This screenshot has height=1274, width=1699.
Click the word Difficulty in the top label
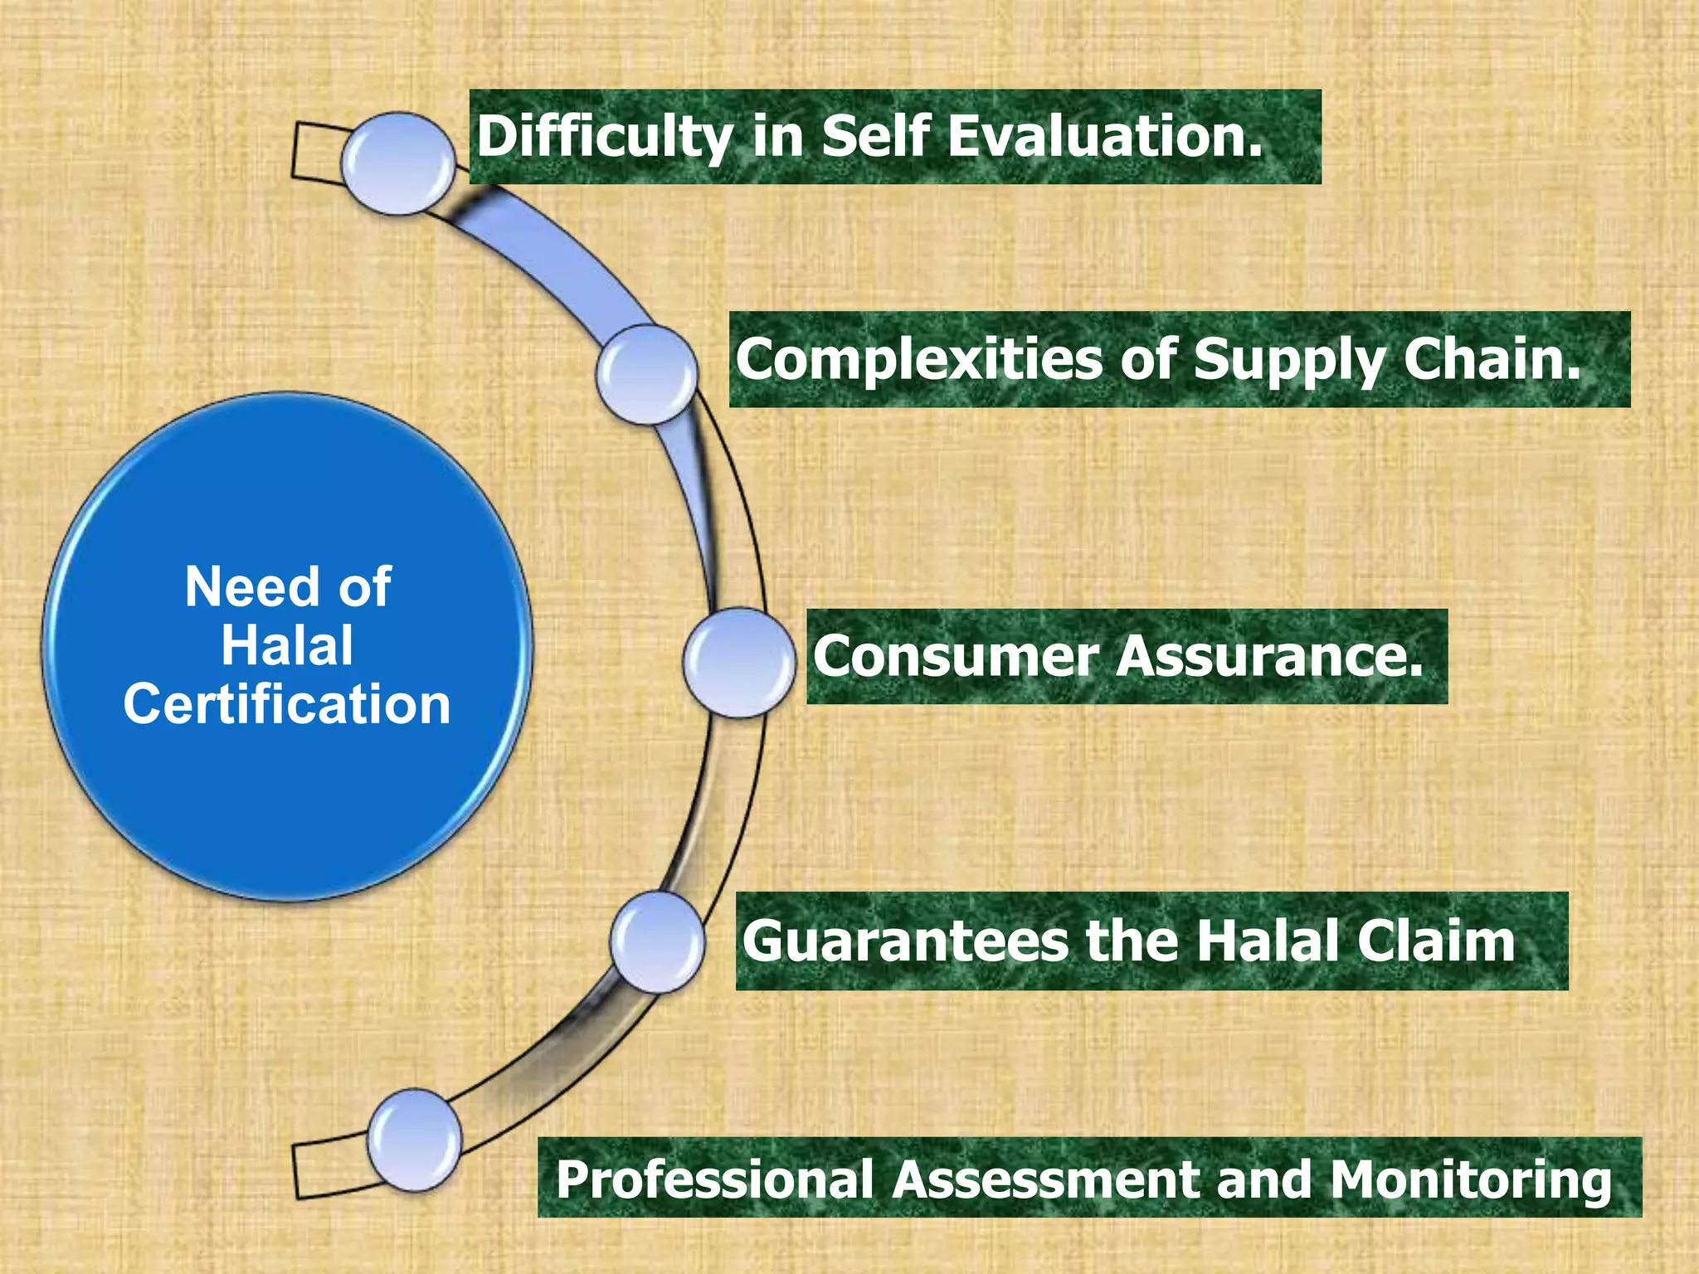[x=604, y=137]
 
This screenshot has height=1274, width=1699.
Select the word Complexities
[x=919, y=360]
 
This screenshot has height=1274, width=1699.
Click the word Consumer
[x=955, y=657]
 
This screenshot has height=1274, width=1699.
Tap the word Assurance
[x=1269, y=657]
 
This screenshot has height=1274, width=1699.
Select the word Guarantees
[x=905, y=941]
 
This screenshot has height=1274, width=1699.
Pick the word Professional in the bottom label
[x=714, y=1179]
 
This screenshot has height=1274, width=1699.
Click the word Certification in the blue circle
[x=287, y=705]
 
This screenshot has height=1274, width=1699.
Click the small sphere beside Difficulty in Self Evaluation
[x=399, y=164]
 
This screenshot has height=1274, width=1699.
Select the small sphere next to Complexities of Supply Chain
[x=647, y=375]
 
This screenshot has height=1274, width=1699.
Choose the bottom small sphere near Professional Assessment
[x=415, y=1140]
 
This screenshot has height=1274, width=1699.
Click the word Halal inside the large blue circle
[x=287, y=646]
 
